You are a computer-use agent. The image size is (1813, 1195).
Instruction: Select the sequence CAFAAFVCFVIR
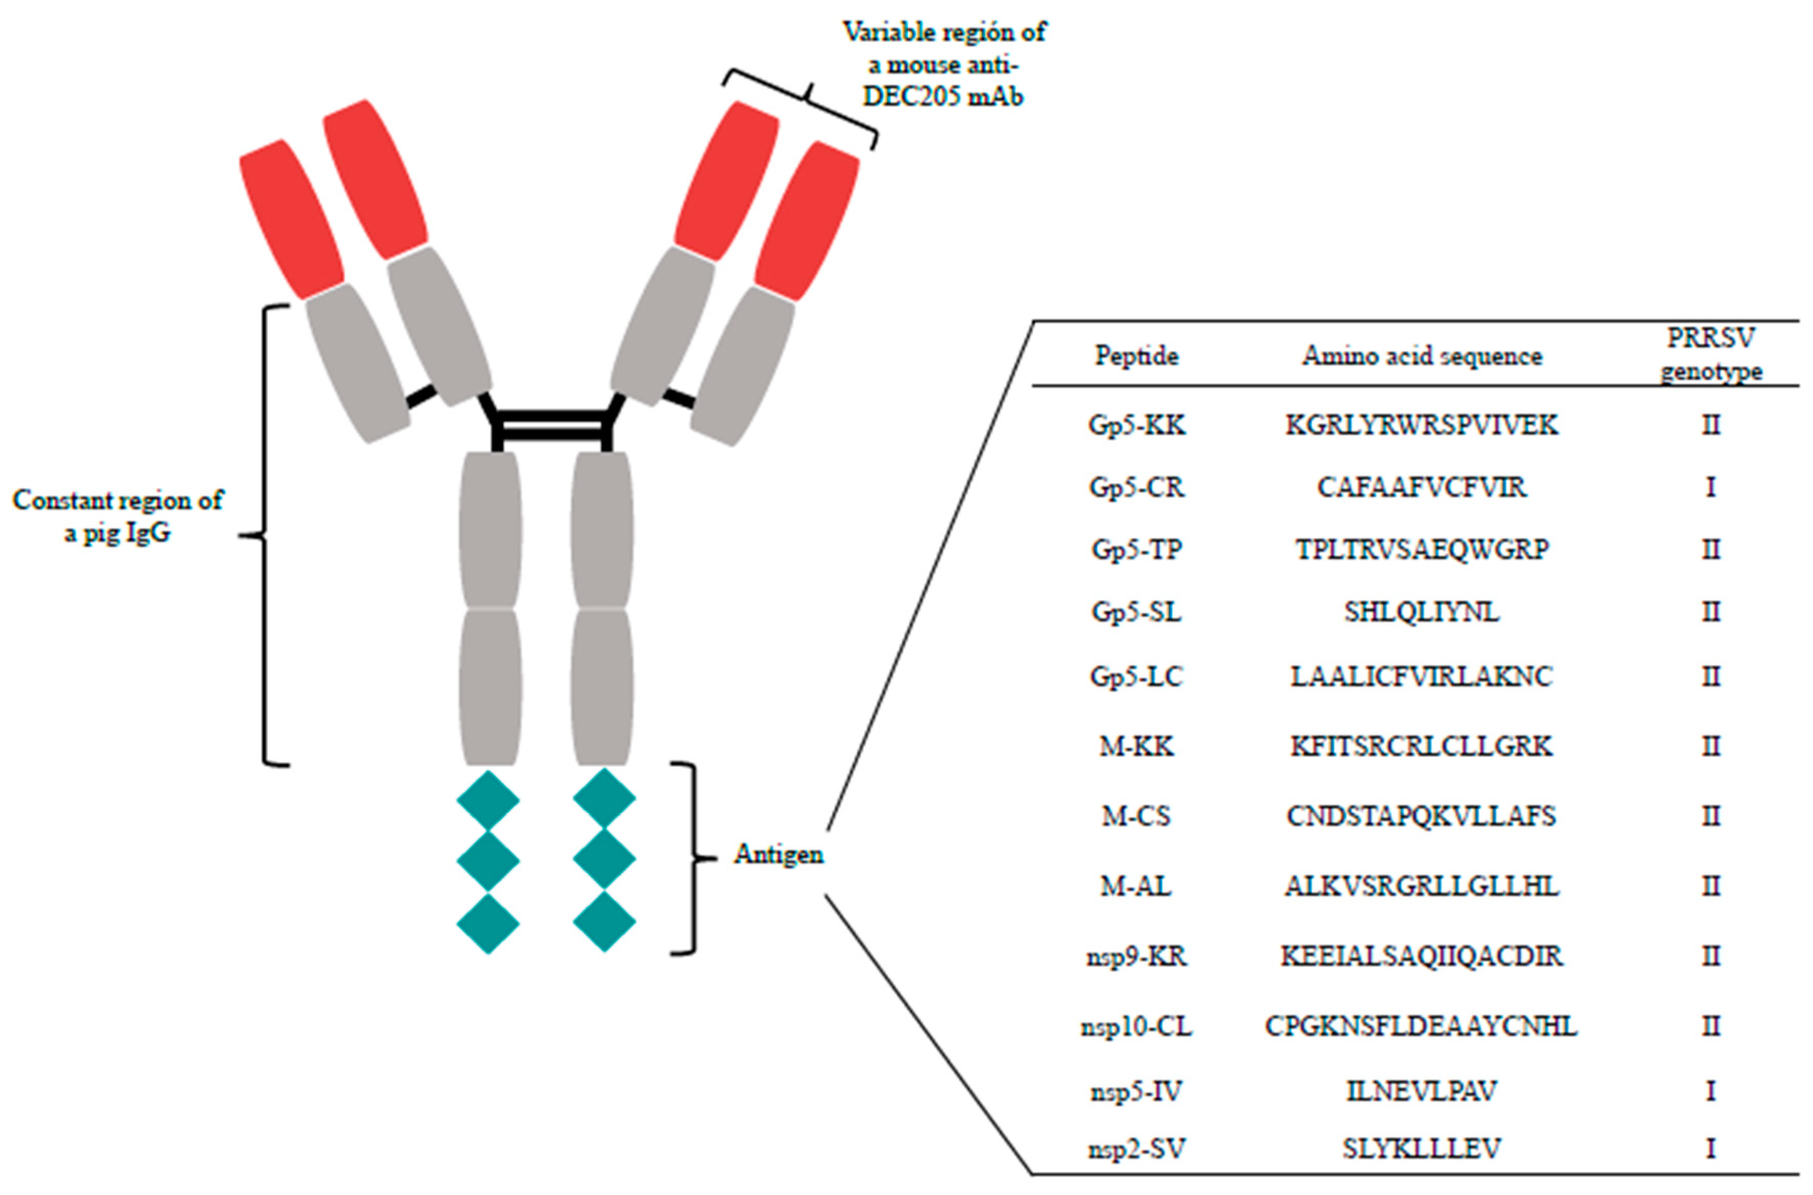pyautogui.click(x=1421, y=487)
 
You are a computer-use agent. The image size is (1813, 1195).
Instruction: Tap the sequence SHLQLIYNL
pyautogui.click(x=1421, y=612)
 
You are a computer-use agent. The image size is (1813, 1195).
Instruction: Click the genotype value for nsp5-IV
pyautogui.click(x=1710, y=1091)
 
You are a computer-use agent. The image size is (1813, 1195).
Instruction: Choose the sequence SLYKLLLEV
pyautogui.click(x=1421, y=1148)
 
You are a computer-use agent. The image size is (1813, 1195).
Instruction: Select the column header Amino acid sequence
pyautogui.click(x=1421, y=356)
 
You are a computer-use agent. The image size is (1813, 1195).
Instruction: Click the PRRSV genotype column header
pyautogui.click(x=1710, y=354)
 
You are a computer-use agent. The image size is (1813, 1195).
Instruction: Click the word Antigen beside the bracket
pyautogui.click(x=778, y=855)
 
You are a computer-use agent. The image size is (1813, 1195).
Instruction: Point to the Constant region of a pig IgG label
pyautogui.click(x=118, y=516)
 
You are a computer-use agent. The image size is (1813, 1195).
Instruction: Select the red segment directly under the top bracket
pyautogui.click(x=725, y=181)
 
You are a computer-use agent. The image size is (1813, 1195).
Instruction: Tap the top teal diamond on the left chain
pyautogui.click(x=488, y=800)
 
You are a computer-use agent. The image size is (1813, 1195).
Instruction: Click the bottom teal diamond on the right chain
pyautogui.click(x=604, y=922)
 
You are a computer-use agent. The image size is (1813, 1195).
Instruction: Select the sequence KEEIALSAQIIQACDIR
pyautogui.click(x=1421, y=956)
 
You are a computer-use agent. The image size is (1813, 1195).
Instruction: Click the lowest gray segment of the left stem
pyautogui.click(x=490, y=686)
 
